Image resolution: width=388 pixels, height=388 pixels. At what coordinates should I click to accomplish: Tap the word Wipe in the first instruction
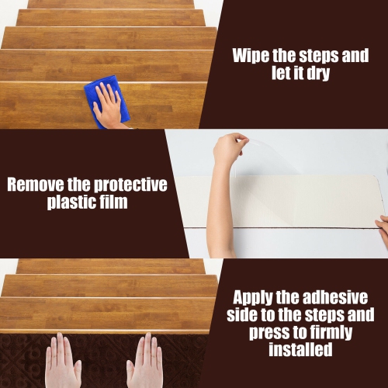(x=251, y=56)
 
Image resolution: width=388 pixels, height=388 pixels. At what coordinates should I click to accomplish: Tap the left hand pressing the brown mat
(x=62, y=360)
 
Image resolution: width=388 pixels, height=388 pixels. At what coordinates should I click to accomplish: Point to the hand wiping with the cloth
(x=109, y=105)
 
